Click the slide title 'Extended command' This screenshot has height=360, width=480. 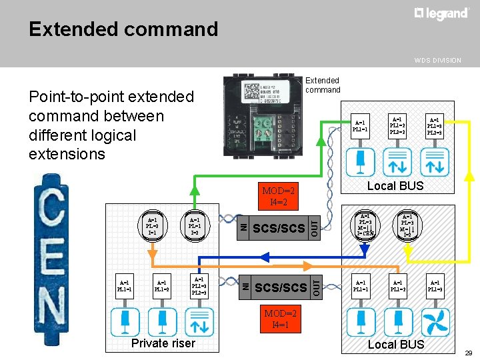point(123,29)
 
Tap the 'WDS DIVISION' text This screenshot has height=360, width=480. point(437,60)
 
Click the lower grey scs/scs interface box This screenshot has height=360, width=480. point(279,287)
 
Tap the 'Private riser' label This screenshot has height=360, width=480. point(163,343)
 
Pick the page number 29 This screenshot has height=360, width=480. point(468,352)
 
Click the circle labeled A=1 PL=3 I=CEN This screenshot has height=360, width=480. point(365,225)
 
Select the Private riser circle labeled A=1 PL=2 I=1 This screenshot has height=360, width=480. point(153,225)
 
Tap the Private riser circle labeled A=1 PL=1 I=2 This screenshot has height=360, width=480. point(194,225)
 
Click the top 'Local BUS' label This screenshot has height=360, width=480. point(396,186)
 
